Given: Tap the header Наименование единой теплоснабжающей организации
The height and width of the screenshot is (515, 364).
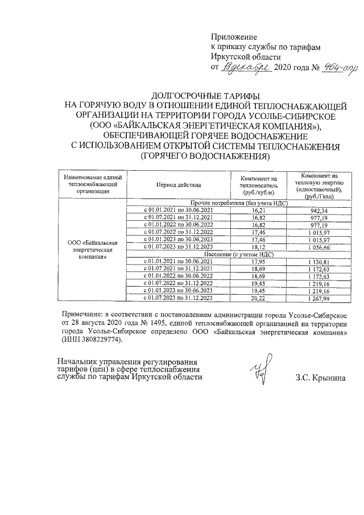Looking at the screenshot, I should (x=92, y=185).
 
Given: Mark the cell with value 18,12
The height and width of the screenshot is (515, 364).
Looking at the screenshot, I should (x=259, y=248).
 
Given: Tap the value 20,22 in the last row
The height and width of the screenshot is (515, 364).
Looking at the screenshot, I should (x=259, y=299).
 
